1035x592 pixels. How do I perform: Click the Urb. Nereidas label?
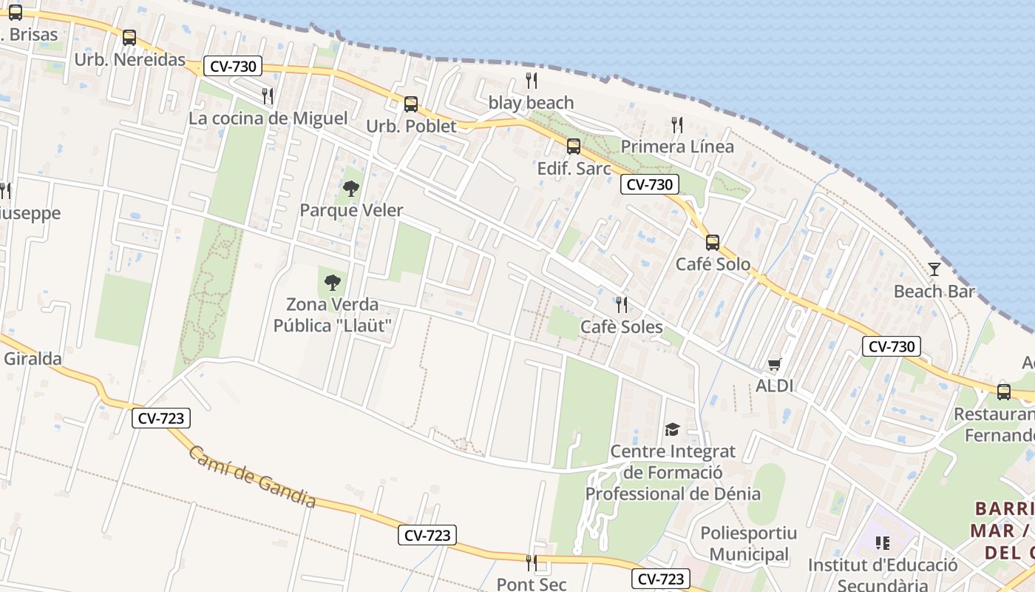[x=129, y=60]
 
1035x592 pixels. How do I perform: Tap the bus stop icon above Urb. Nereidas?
[x=129, y=37]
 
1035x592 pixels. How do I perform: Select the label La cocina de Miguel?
[x=268, y=118]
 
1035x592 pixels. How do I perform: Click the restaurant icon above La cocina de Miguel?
[x=268, y=95]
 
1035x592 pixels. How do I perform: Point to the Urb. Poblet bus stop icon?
[x=411, y=104]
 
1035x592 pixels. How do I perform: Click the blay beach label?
[x=531, y=103]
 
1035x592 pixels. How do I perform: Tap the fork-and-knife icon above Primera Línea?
[x=677, y=124]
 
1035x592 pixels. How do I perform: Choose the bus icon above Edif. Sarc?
[x=574, y=147]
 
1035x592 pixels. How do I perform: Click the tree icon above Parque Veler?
[x=351, y=189]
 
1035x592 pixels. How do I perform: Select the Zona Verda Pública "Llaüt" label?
[x=333, y=315]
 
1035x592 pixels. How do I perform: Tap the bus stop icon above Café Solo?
[x=713, y=242]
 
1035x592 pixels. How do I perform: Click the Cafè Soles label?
[x=621, y=327]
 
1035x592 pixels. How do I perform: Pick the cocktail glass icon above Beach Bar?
[x=934, y=269]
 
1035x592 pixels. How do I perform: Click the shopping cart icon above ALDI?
[x=774, y=364]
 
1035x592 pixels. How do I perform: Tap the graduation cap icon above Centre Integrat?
[x=672, y=429]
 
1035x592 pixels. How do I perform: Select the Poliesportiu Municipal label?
[x=749, y=543]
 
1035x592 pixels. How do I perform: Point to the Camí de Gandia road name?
[x=251, y=477]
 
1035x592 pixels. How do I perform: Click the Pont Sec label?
[x=531, y=584]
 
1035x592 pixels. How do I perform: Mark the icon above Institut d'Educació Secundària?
[x=882, y=544]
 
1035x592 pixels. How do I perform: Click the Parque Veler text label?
[x=351, y=211]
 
